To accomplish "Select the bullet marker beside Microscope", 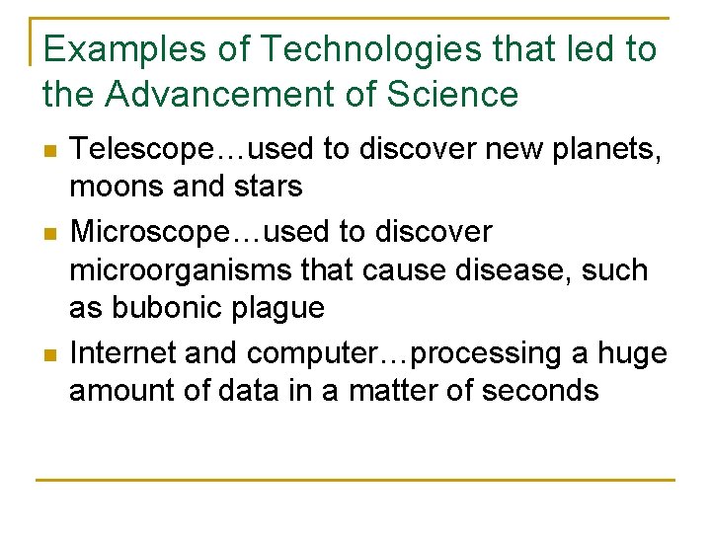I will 50,233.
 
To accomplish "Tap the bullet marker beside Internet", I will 50,353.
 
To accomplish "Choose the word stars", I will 267,187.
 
